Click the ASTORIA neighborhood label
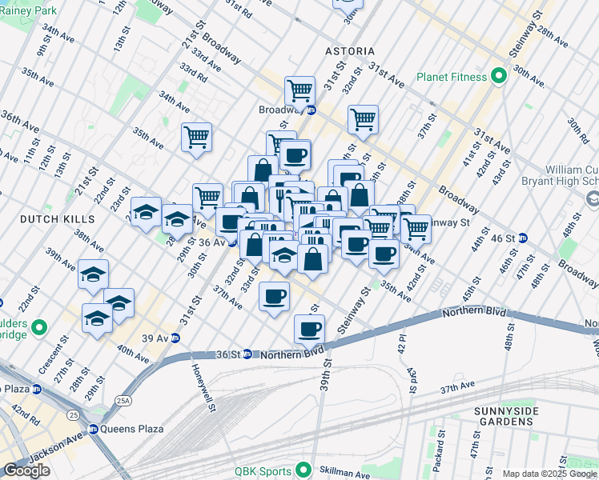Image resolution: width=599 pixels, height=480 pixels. point(350,51)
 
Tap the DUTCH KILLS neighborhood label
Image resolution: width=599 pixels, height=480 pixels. point(48,218)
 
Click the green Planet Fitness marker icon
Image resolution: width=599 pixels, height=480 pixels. point(498,78)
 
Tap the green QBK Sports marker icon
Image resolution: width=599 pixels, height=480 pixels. point(304,470)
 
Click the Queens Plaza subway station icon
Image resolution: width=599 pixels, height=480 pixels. point(93,429)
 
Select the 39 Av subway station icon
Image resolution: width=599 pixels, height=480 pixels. point(175,338)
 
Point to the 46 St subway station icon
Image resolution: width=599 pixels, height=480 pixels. point(523,238)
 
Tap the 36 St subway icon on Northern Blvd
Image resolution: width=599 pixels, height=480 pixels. point(248,354)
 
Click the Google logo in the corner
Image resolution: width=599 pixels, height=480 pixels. point(27,470)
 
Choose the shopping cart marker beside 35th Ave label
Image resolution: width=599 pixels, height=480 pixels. point(196,137)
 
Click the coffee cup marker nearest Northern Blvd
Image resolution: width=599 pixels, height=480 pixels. point(308,327)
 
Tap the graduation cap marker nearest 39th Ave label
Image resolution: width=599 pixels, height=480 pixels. point(94,274)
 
